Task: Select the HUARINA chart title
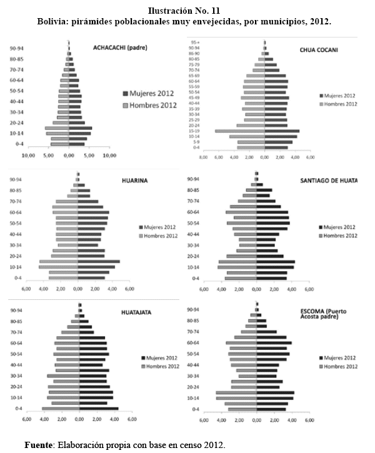click(x=134, y=181)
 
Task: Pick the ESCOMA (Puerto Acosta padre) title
click(x=327, y=314)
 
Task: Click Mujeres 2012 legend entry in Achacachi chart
click(x=150, y=94)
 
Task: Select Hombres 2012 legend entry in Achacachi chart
click(x=150, y=105)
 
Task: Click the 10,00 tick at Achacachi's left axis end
click(x=28, y=155)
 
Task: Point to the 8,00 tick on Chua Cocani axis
click(x=202, y=157)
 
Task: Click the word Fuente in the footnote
click(x=38, y=445)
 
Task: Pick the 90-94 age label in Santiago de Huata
click(x=194, y=179)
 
